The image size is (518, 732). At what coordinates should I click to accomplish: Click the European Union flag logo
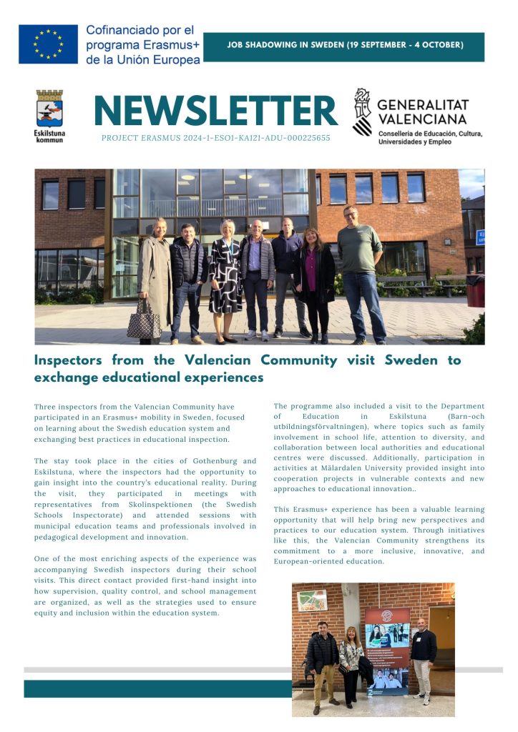(48, 44)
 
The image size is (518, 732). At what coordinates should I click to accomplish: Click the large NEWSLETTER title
(215, 110)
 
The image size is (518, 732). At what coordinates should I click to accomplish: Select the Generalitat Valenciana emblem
(363, 112)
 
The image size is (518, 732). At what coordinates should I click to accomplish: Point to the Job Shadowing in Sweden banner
(344, 45)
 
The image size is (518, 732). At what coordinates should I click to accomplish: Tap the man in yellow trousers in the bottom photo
(323, 665)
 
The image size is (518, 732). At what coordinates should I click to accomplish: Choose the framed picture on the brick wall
(312, 600)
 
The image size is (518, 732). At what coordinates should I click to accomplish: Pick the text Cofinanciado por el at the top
(140, 31)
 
